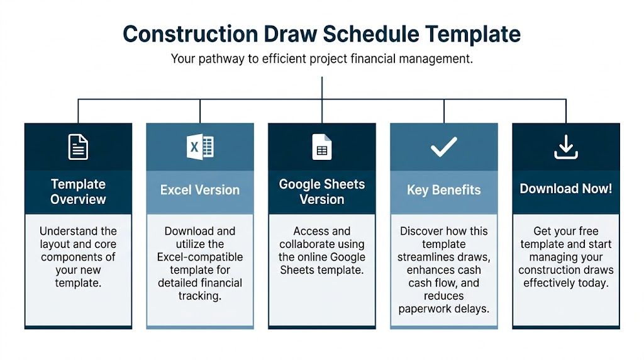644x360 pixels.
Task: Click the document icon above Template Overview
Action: (x=78, y=147)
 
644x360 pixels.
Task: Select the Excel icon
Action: (x=200, y=147)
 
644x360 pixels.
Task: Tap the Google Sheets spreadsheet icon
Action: (x=321, y=147)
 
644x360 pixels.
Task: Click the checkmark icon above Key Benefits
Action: (x=443, y=147)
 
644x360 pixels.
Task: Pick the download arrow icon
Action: (x=565, y=147)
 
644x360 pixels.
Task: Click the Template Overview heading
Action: (x=78, y=191)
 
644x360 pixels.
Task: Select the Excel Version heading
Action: (x=200, y=190)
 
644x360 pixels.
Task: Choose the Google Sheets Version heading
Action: (x=321, y=191)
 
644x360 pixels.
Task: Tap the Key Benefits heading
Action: (x=443, y=190)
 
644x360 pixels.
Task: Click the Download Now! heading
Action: (x=565, y=189)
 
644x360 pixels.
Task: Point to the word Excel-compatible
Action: (x=200, y=257)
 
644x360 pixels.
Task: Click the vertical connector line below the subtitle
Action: (x=322, y=88)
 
